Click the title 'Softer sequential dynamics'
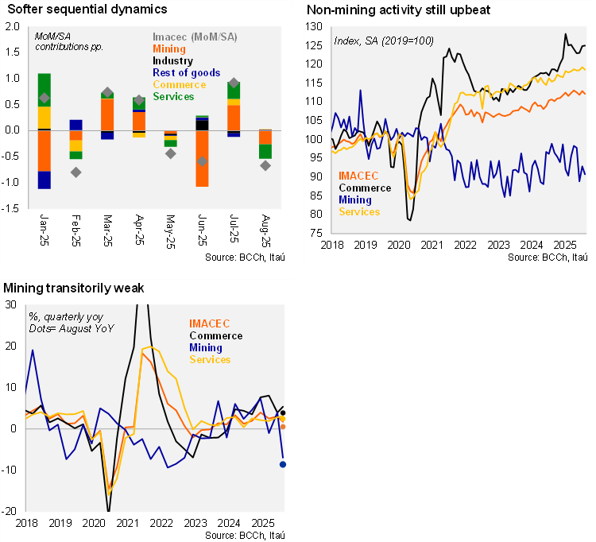(85, 10)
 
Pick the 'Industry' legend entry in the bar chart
(172, 61)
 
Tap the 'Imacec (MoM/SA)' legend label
(195, 37)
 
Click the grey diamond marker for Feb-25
(76, 172)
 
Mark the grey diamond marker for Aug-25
(265, 165)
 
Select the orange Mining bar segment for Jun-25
(203, 158)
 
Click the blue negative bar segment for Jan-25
(45, 180)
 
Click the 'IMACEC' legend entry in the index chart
(358, 176)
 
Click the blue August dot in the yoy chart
(282, 464)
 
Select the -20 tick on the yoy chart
(12, 511)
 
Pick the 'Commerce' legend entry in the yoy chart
(215, 335)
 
